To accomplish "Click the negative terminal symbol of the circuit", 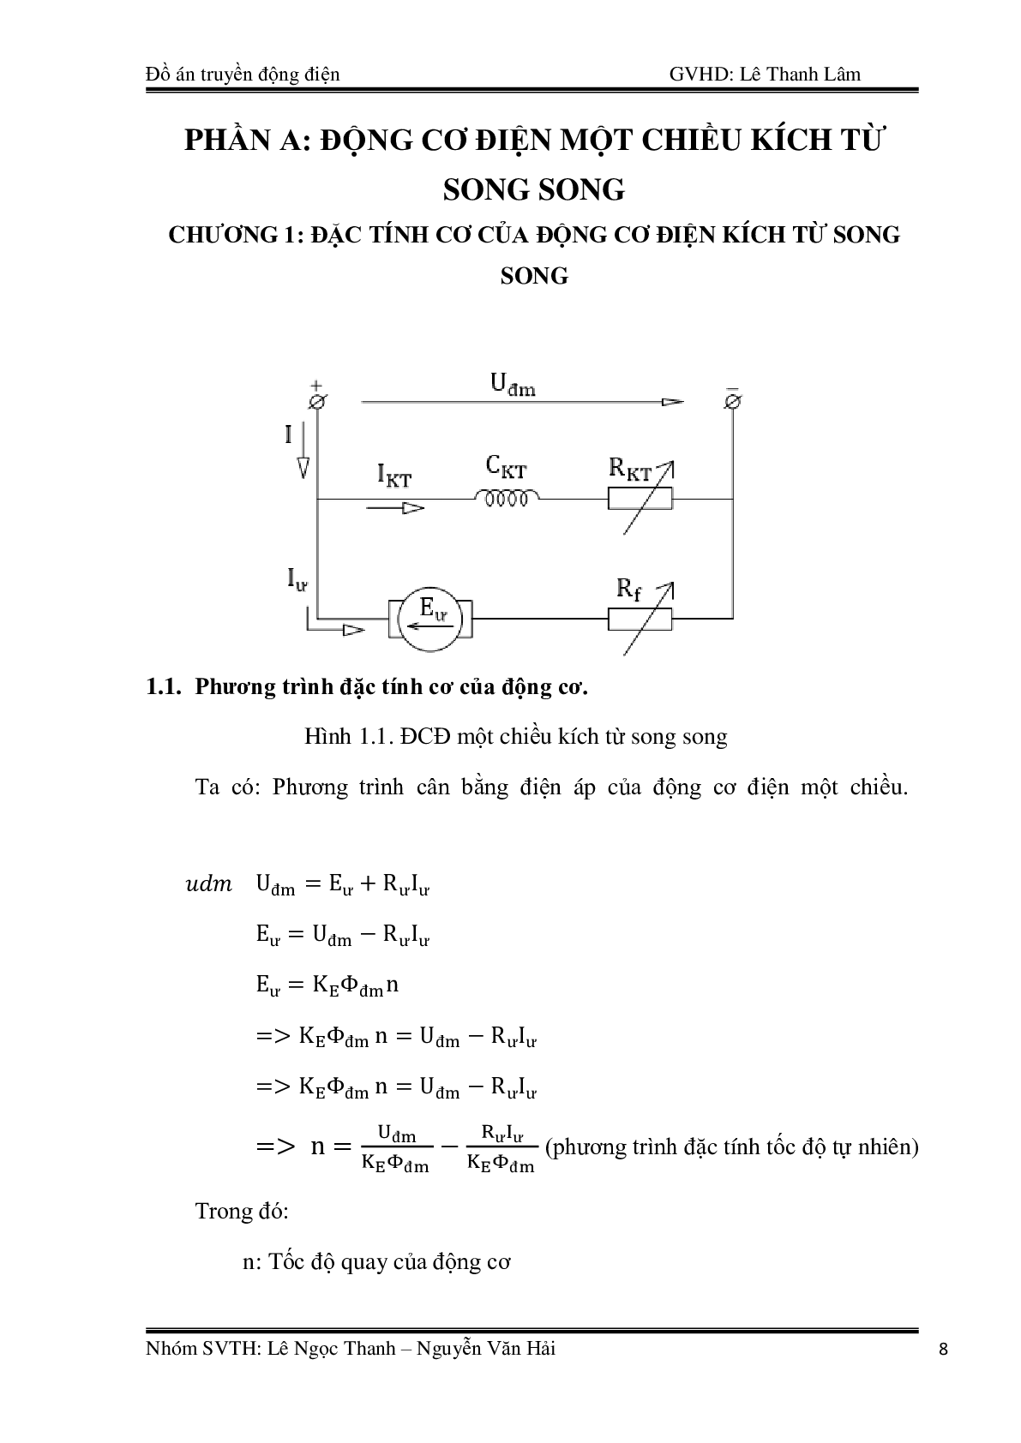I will [x=733, y=400].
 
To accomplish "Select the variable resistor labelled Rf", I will [x=640, y=617].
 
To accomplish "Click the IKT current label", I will [x=393, y=476].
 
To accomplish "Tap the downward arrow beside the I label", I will [x=303, y=467].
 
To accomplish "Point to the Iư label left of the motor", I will [x=297, y=580].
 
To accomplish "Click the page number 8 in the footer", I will [x=944, y=1350].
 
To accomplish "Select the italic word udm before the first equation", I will [x=208, y=883].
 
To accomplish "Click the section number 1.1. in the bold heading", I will [x=165, y=687].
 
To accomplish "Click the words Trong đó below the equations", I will [x=242, y=1211].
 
